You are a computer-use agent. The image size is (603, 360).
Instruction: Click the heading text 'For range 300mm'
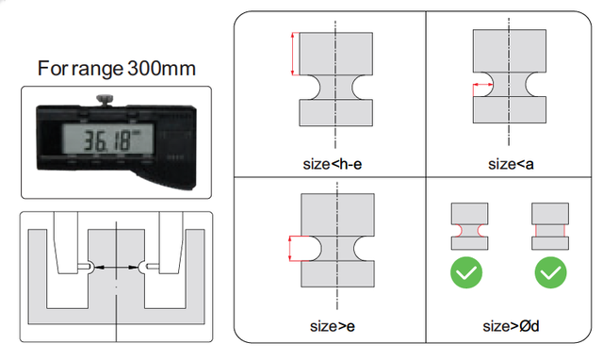117,69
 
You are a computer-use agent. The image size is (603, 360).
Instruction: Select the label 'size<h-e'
333,164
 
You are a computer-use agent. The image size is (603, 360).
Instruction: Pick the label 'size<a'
511,164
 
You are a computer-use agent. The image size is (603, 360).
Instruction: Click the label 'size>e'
333,326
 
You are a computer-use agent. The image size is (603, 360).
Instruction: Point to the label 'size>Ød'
511,326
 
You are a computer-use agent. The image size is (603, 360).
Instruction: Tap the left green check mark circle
466,272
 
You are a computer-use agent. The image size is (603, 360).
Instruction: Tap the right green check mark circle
550,272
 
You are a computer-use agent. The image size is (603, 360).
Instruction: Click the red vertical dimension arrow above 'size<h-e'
293,54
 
